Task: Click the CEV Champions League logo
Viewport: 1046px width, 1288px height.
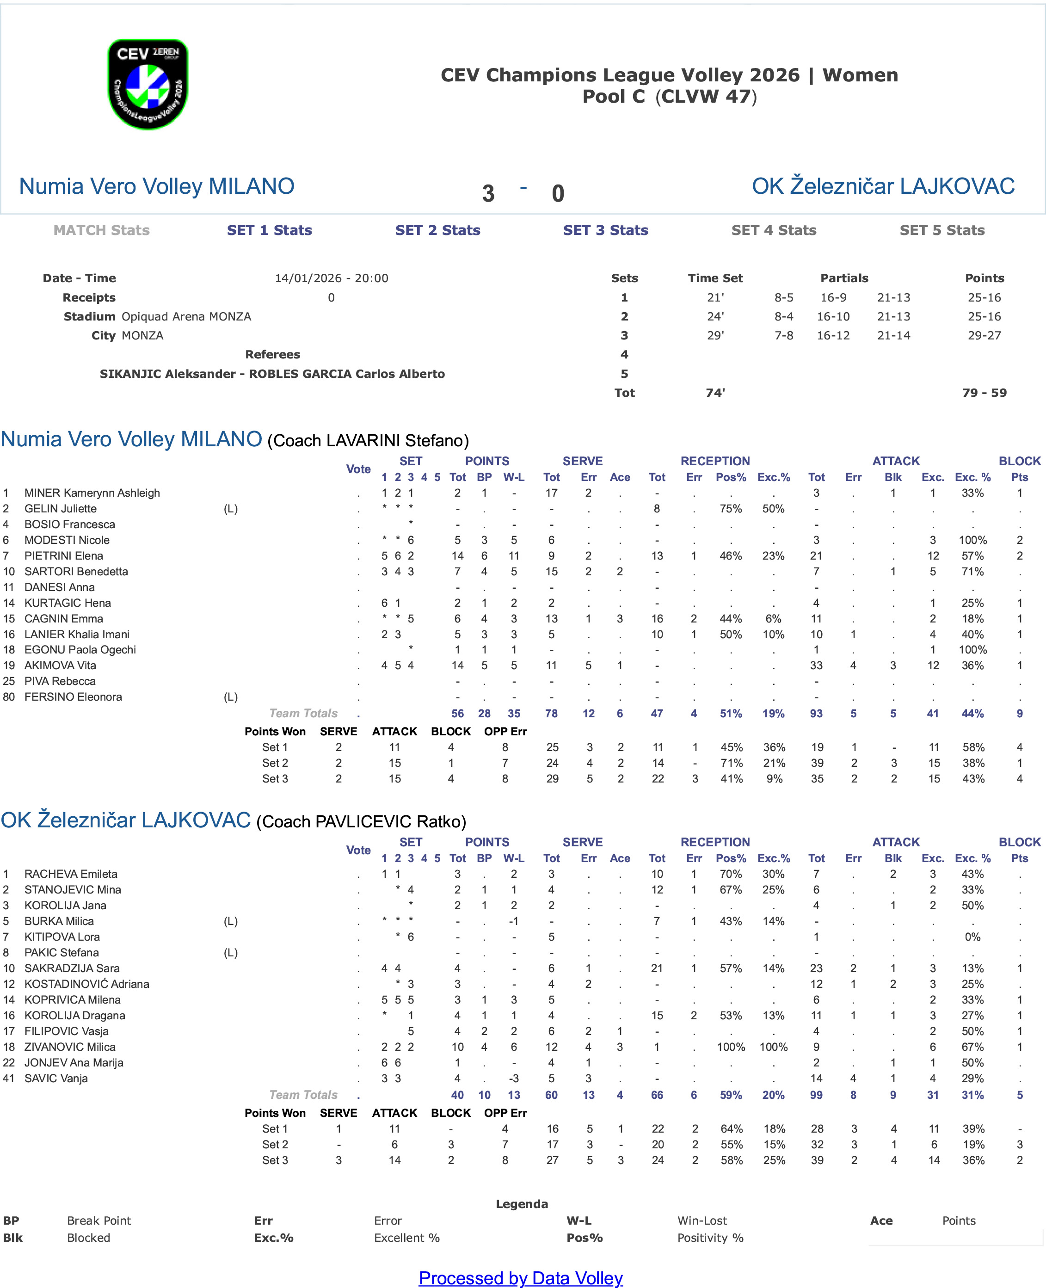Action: (x=148, y=84)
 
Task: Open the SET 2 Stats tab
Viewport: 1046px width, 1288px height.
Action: (x=437, y=230)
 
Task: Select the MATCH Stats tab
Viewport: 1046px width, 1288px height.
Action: (x=101, y=230)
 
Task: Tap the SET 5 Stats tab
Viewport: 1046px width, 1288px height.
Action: (x=942, y=230)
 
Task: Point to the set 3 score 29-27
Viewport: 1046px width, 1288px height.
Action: (x=984, y=336)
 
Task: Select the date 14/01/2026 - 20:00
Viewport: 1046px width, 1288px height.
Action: (x=332, y=278)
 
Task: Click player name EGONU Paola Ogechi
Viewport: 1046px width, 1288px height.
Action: (x=80, y=650)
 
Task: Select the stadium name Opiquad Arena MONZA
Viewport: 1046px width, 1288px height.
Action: (x=186, y=317)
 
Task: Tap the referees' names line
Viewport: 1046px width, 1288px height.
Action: (x=272, y=374)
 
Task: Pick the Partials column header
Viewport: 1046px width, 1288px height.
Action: (x=843, y=278)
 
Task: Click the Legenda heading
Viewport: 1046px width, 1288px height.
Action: (x=522, y=1204)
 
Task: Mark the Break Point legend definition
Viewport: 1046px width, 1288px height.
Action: (x=99, y=1221)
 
